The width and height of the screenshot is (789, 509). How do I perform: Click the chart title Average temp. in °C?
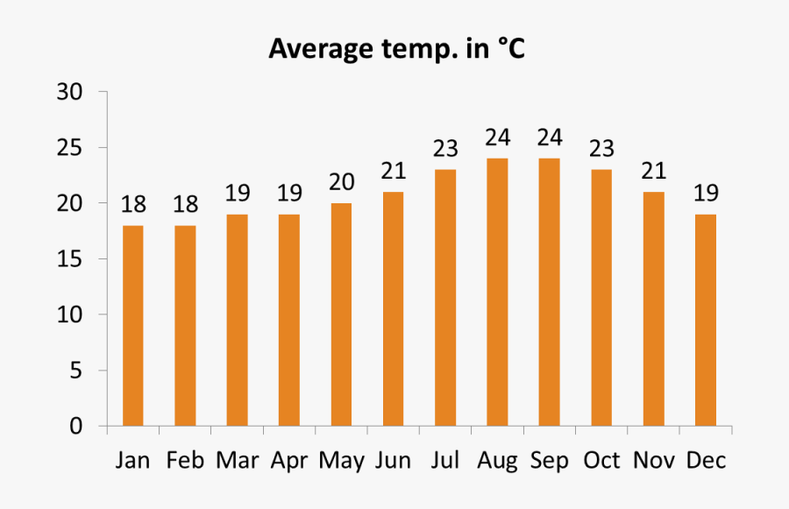[396, 49]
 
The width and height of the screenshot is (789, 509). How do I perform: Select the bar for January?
[133, 326]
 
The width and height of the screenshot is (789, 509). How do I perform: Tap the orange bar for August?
[497, 293]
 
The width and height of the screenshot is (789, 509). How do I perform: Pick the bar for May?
[341, 315]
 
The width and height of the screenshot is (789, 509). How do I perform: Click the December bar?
[706, 321]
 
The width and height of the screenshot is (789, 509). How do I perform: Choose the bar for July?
[445, 298]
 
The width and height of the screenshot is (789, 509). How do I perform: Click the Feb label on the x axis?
[184, 461]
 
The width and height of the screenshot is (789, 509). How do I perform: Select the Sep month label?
[549, 461]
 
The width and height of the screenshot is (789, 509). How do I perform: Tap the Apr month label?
[288, 461]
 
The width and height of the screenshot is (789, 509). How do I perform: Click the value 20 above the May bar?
[341, 182]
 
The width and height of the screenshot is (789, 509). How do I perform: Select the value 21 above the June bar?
[394, 171]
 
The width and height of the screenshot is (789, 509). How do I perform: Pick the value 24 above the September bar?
[549, 138]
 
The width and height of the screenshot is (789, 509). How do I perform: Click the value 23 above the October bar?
[601, 149]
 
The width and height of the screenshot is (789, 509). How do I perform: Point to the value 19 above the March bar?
[237, 194]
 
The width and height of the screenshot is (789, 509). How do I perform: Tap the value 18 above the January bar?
[133, 205]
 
